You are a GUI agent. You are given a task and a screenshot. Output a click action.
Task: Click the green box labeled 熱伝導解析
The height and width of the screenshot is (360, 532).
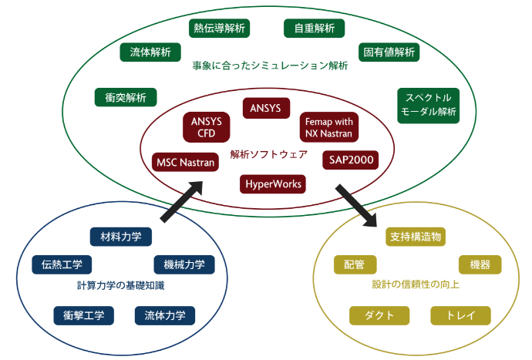[219, 28]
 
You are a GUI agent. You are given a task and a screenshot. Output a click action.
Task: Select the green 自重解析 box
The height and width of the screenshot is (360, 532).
[314, 28]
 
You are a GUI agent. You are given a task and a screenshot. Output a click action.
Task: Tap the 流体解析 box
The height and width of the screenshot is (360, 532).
[150, 52]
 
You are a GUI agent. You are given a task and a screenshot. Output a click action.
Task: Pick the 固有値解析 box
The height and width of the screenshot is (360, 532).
[389, 52]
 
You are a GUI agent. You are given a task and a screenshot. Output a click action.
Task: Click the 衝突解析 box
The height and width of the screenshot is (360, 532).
[126, 97]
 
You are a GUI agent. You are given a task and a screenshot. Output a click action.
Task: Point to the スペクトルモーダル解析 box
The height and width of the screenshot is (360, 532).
[428, 106]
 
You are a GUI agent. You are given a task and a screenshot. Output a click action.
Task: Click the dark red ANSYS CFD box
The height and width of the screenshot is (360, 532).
[207, 127]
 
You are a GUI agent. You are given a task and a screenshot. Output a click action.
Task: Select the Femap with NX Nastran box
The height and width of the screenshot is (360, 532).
[328, 127]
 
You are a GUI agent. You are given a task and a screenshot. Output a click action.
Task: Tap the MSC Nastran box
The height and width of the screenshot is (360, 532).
[185, 162]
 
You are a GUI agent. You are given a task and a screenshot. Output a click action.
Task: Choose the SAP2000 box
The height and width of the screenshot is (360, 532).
[351, 160]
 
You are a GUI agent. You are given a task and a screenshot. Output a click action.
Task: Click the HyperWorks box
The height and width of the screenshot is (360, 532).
[273, 184]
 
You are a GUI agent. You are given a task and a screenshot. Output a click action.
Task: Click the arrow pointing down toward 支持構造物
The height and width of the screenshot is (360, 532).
[356, 206]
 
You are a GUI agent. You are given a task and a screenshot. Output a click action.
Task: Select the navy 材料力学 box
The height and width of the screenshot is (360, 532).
[121, 237]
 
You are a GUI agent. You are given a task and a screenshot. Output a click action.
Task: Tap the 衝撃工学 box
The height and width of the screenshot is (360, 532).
[83, 315]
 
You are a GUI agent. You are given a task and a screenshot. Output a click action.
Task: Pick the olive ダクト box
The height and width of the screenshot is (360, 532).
[379, 315]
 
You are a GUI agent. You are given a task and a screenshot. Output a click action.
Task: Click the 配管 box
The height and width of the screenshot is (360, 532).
[355, 264]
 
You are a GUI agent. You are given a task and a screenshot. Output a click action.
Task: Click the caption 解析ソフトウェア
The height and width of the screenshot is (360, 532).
[269, 154]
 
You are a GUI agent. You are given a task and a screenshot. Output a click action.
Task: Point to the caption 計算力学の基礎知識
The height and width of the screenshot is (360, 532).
[121, 286]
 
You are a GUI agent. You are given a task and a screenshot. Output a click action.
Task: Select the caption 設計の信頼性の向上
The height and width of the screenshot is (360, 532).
[416, 284]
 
